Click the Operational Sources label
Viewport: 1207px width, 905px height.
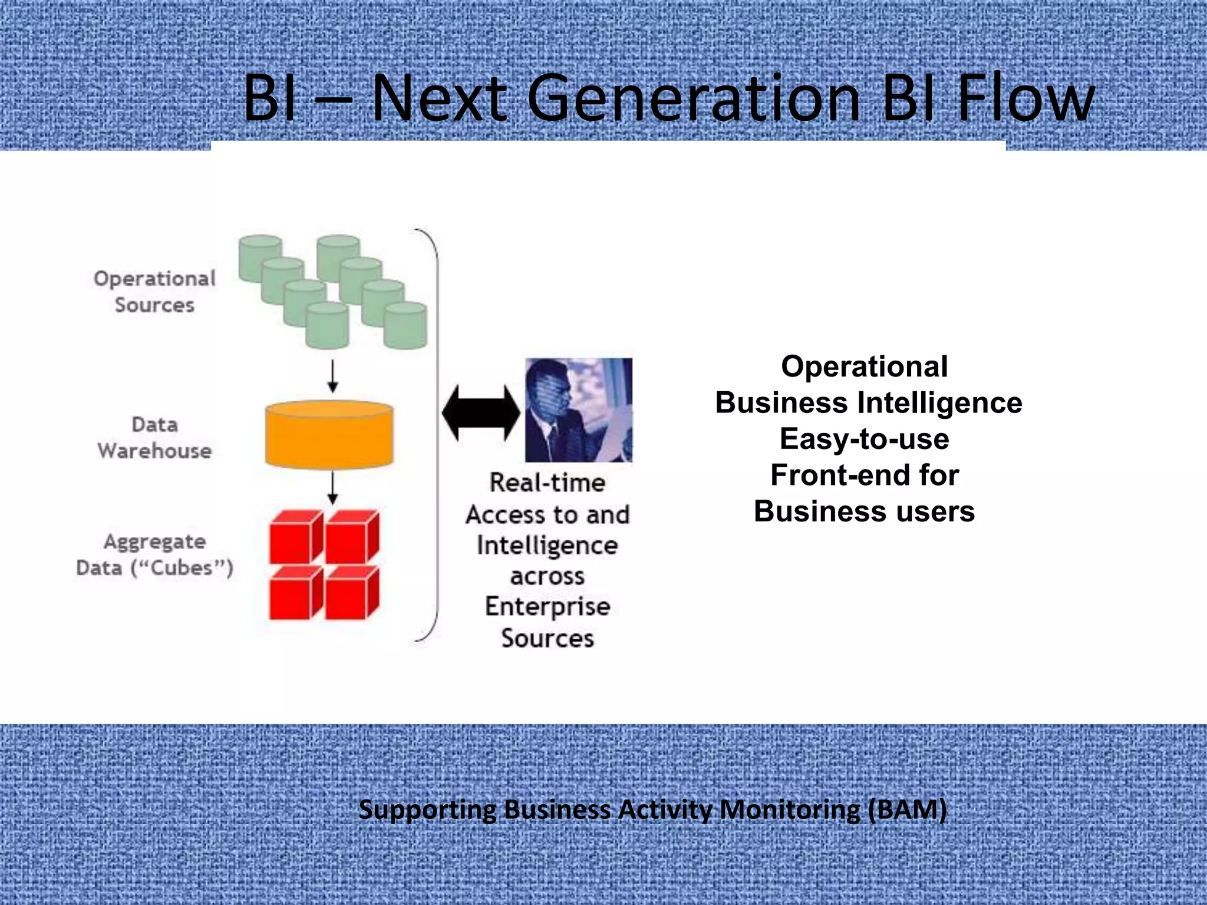coord(154,292)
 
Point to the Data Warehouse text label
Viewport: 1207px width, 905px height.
coord(154,438)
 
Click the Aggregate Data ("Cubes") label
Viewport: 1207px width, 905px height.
coord(154,554)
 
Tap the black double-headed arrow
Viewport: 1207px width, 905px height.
coord(481,412)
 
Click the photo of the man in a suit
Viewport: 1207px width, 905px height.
coord(578,409)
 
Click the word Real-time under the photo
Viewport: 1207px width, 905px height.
coord(547,483)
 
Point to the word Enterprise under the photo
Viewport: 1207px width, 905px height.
coord(547,607)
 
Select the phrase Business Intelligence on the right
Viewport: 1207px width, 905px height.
coord(868,403)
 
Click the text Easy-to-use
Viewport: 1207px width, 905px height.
coord(864,439)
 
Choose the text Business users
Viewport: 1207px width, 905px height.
coord(864,511)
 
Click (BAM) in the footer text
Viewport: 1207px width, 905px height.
coord(908,810)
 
